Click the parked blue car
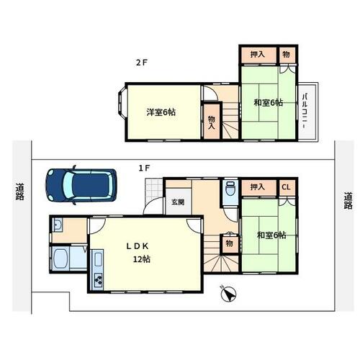tap(81, 185)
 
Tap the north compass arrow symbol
tap(228, 294)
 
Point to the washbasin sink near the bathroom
tap(58, 225)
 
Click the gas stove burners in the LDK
tap(98, 280)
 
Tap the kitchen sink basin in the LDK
tap(98, 258)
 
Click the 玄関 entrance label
tap(178, 202)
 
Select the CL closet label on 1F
tap(286, 187)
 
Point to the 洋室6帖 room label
tap(161, 112)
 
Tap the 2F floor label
tap(141, 63)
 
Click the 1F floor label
tap(144, 168)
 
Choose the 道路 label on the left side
tap(20, 192)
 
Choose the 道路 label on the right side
tap(348, 201)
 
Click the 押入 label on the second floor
tap(258, 54)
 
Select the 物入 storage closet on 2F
tap(212, 122)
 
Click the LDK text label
tap(138, 246)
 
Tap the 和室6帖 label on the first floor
tap(271, 235)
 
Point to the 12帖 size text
tap(142, 259)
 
